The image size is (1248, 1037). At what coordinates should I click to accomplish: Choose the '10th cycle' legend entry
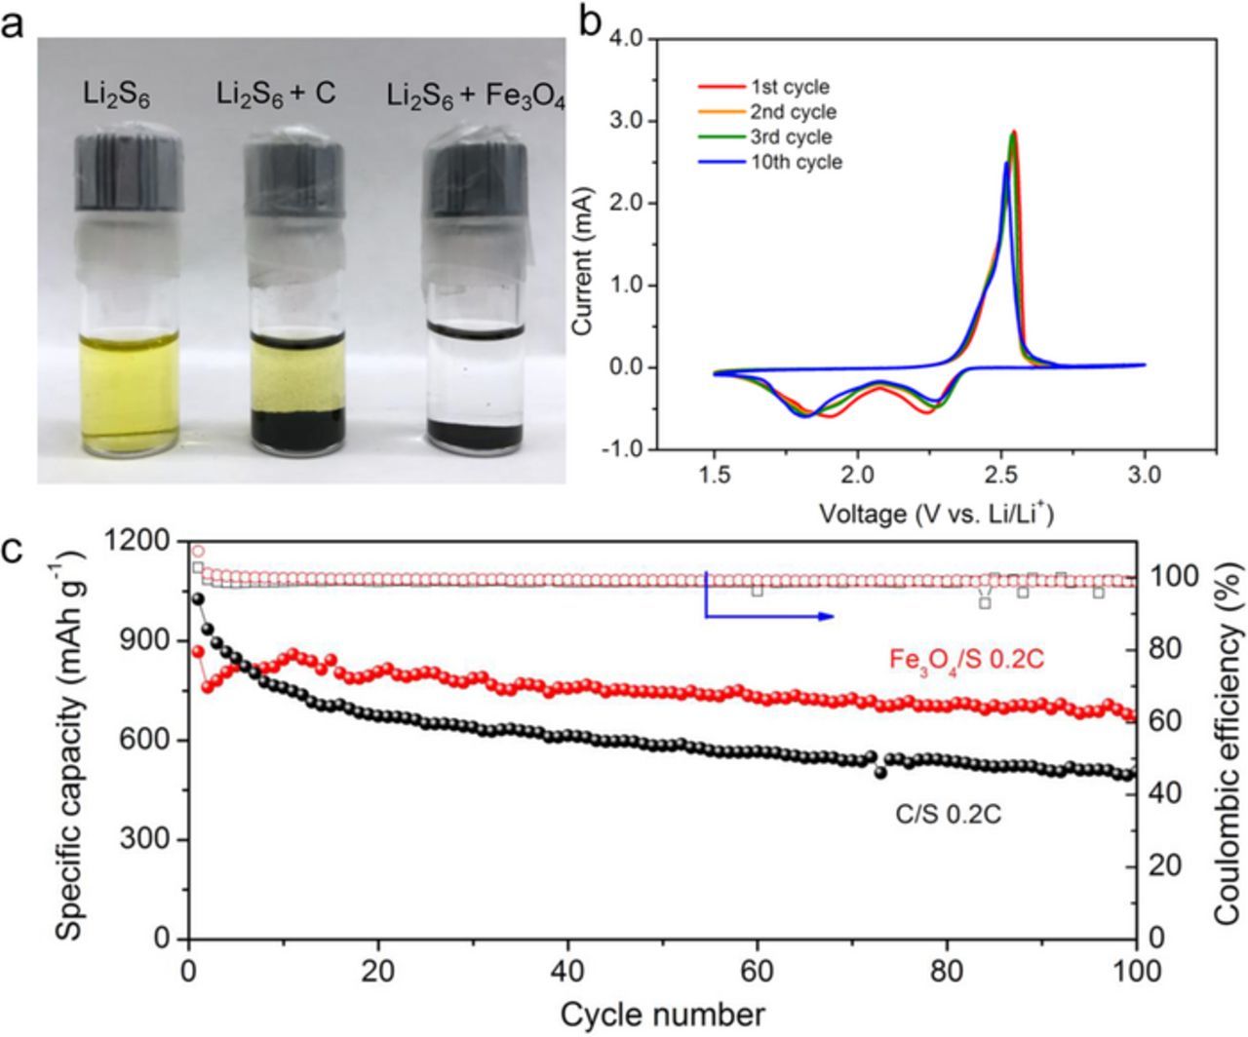(x=796, y=162)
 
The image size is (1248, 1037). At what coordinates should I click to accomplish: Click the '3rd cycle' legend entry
(x=791, y=136)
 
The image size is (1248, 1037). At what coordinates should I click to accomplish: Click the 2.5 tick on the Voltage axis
(x=1000, y=476)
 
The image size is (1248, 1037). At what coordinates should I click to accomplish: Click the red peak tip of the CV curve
(x=1014, y=132)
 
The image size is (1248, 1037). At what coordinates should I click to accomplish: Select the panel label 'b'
(x=590, y=21)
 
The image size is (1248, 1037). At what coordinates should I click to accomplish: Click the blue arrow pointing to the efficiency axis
(x=770, y=615)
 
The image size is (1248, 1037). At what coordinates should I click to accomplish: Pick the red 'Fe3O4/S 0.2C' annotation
(x=965, y=660)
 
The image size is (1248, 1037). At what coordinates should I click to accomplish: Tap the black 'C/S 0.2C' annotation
(x=948, y=811)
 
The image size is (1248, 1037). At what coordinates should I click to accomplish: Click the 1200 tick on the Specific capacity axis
(x=143, y=540)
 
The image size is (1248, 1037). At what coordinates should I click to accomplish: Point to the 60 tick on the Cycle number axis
(x=757, y=972)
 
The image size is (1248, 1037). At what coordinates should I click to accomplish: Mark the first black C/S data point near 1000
(x=198, y=599)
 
